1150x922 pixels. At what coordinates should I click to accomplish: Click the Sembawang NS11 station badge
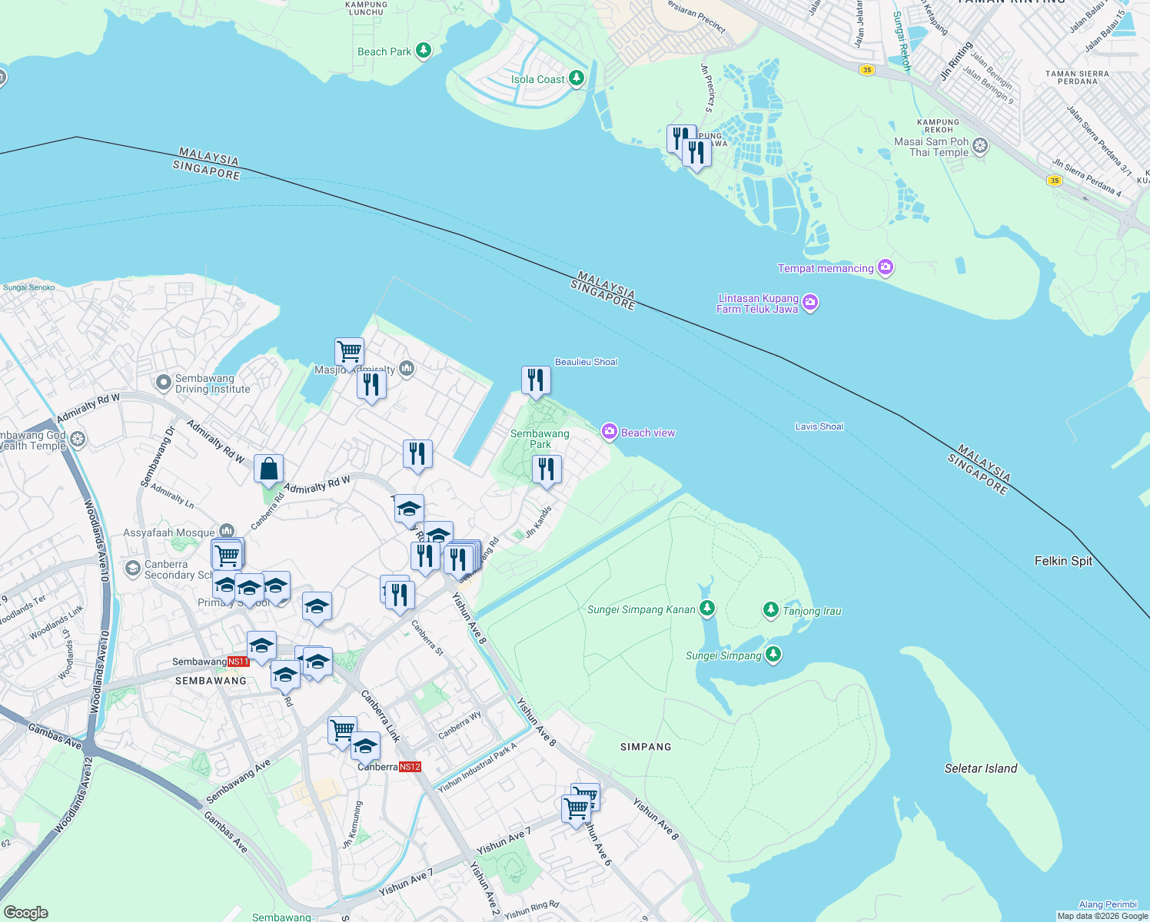pos(238,662)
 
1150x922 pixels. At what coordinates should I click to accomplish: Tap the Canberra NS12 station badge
pos(410,767)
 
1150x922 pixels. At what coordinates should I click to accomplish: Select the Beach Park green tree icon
pos(423,51)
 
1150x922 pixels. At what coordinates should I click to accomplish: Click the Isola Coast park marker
pos(577,78)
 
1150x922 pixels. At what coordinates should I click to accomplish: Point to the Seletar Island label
pos(980,768)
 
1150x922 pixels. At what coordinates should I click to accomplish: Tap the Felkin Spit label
pos(1062,561)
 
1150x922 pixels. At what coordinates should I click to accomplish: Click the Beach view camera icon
pos(610,432)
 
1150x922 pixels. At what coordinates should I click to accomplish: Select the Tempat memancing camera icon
pos(886,267)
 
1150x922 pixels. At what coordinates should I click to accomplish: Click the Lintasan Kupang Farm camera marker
pos(810,303)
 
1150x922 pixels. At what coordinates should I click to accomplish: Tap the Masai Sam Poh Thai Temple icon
pos(980,146)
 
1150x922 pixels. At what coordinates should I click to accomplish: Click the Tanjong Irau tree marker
pos(771,610)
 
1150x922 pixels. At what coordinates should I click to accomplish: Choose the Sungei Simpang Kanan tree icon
pos(707,609)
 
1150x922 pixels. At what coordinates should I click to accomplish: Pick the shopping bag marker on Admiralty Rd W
pos(269,468)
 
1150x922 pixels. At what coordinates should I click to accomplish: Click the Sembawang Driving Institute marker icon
pos(163,382)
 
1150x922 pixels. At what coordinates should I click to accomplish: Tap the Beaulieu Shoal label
pos(586,362)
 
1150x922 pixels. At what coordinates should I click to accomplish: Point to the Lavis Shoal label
pos(819,426)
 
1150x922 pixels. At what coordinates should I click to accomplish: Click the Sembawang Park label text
pos(540,439)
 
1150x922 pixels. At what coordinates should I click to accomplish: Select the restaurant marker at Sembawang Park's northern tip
pos(536,380)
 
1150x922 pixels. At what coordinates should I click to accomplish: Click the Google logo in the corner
pos(25,912)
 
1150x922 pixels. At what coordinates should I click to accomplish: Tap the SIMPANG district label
pos(646,747)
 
